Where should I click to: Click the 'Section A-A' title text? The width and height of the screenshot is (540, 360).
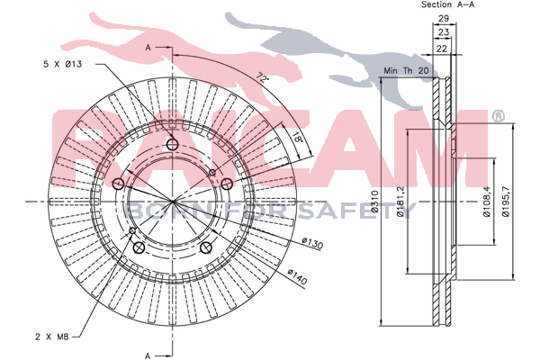click(x=447, y=4)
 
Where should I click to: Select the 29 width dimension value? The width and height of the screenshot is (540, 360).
click(x=444, y=18)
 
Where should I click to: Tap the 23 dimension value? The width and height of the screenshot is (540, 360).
click(x=444, y=32)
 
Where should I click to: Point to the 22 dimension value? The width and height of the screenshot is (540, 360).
click(x=442, y=49)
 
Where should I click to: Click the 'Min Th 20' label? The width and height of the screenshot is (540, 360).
click(x=407, y=70)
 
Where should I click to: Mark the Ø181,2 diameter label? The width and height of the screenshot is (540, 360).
click(x=400, y=202)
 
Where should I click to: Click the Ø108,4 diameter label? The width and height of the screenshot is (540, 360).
click(x=487, y=202)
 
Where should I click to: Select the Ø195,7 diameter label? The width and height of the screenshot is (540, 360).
click(x=506, y=202)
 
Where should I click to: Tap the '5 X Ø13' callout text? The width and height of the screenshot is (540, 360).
click(x=63, y=64)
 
